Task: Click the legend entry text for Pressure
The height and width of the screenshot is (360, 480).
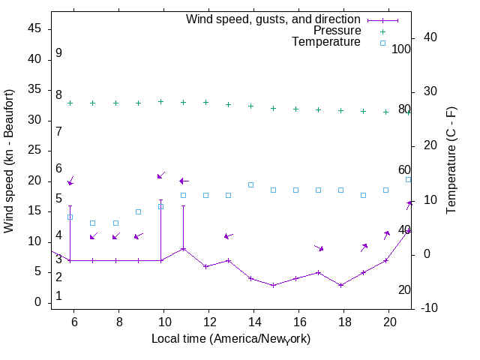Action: point(337,31)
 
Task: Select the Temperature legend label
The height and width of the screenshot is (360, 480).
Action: point(326,43)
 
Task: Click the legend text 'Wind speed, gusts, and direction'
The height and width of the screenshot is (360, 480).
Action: point(273,19)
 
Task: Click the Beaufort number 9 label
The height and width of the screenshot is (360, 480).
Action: point(58,53)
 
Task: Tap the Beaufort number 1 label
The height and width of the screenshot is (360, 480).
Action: point(58,296)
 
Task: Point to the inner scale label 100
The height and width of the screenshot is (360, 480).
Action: point(401,49)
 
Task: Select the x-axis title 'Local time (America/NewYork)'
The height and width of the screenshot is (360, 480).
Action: point(231,339)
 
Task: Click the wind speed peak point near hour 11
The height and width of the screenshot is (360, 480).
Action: point(183,248)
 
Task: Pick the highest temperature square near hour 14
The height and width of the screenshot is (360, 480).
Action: point(250,184)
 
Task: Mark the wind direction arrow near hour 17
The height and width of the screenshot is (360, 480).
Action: point(319,248)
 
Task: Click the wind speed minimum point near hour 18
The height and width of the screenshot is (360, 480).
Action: point(340,285)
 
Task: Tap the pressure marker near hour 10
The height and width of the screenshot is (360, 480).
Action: point(160,101)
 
